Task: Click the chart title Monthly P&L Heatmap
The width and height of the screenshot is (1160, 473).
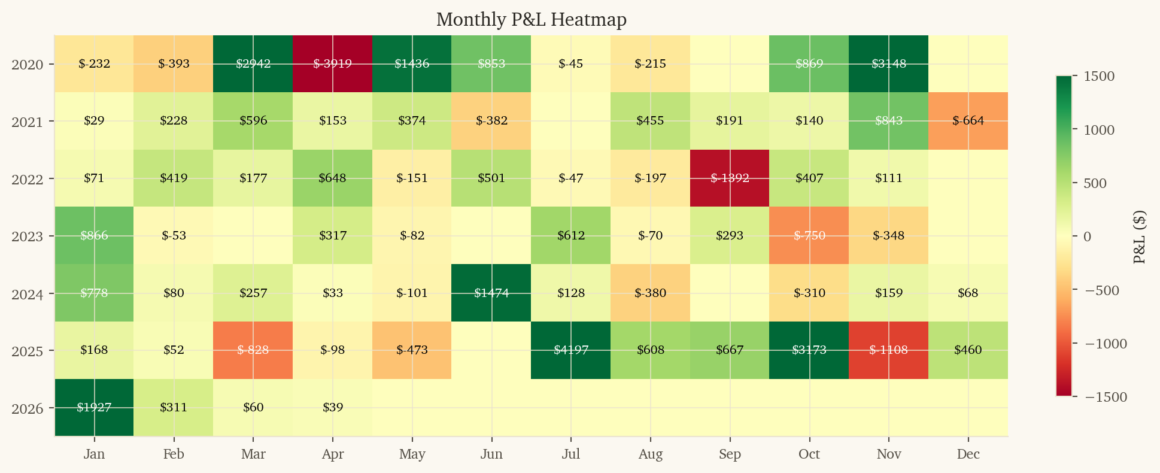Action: [531, 20]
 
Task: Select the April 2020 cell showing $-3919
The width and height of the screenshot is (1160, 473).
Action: [332, 63]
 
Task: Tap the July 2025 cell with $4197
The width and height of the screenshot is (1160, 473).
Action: [570, 350]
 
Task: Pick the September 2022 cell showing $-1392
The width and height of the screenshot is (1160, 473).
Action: [730, 178]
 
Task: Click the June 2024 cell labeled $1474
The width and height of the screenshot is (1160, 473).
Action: [491, 293]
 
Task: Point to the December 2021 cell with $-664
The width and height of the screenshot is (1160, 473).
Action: [968, 120]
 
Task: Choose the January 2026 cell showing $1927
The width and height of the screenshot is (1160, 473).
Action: [94, 407]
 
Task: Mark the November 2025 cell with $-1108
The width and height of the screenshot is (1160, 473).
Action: [888, 350]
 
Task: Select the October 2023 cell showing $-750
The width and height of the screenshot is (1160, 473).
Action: [809, 235]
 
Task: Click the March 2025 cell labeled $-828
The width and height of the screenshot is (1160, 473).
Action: [253, 350]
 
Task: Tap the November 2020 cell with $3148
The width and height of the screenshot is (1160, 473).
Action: [888, 63]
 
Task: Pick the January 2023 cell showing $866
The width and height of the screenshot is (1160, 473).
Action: [94, 235]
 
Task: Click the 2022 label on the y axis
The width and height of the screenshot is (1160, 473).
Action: [28, 178]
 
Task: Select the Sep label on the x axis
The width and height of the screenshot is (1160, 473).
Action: [730, 454]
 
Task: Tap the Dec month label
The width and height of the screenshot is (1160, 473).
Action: [968, 454]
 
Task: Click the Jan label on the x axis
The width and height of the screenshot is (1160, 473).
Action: [94, 454]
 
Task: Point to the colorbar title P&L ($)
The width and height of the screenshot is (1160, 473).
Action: [1140, 236]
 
